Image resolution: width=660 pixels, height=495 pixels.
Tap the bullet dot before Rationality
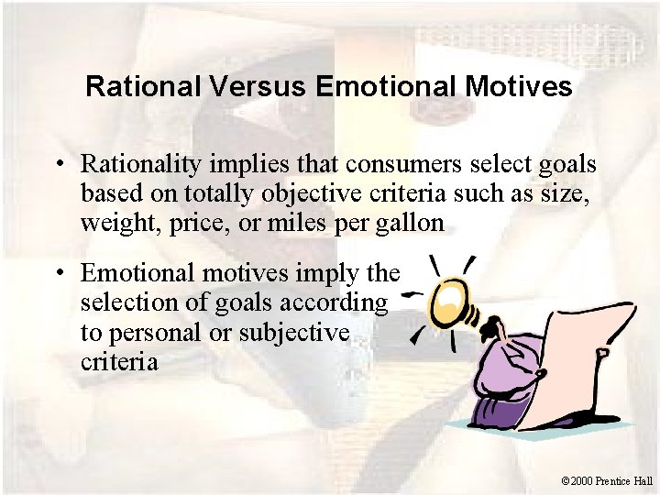59,166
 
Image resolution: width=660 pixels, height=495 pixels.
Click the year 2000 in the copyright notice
581,480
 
